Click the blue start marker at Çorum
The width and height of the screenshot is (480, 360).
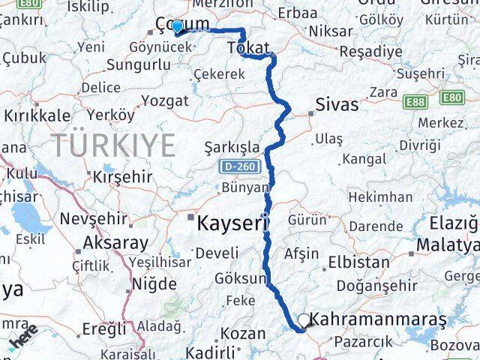point(177,27)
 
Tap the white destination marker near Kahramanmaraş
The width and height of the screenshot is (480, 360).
point(303,321)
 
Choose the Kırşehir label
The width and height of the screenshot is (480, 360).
point(122,177)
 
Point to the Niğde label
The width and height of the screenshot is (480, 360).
point(154,284)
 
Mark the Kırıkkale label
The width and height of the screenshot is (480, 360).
point(37,115)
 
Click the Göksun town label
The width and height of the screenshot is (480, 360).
point(241,278)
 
